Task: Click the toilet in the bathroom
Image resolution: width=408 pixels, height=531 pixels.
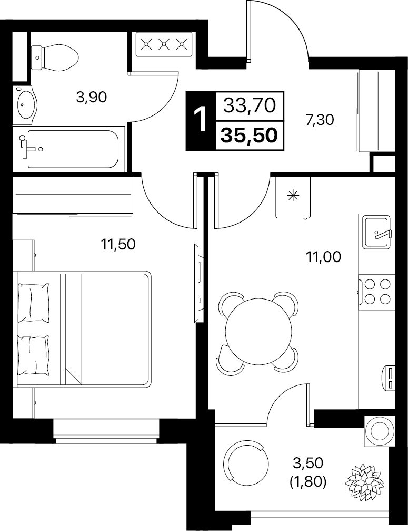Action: tap(54, 58)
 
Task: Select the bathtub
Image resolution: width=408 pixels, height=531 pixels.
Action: tap(69, 149)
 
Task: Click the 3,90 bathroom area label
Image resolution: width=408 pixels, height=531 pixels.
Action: tap(92, 98)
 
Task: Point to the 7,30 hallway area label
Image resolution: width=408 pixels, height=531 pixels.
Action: tap(320, 120)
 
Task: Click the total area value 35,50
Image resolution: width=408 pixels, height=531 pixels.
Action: tap(250, 136)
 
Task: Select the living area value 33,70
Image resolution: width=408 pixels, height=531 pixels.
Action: tap(250, 105)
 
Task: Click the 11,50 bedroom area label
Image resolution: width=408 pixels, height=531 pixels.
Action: tap(118, 244)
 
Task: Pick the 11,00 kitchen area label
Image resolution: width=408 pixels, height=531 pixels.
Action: tap(323, 257)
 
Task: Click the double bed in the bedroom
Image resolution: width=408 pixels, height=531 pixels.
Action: tap(82, 328)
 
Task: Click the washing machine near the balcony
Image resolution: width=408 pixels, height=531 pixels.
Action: tap(379, 431)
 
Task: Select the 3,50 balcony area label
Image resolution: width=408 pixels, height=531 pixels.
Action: tap(308, 463)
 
